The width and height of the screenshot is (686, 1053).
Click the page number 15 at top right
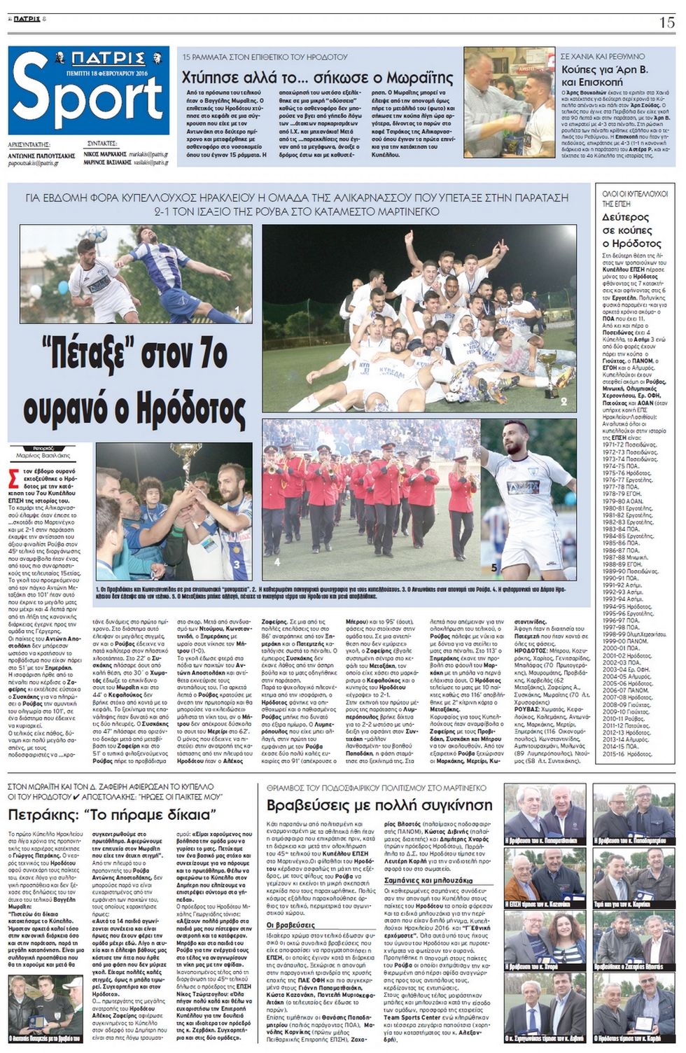click(666, 22)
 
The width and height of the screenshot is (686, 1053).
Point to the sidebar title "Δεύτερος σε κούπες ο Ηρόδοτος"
click(632, 230)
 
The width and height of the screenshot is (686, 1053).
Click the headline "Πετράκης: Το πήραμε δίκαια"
click(112, 814)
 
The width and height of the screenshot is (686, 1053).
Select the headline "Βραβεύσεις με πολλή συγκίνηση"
click(380, 804)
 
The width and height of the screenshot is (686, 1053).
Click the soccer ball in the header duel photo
click(97, 235)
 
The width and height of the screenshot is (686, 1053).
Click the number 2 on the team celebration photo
click(563, 401)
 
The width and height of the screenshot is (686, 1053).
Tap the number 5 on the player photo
click(494, 567)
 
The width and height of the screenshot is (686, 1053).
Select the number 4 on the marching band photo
click(277, 562)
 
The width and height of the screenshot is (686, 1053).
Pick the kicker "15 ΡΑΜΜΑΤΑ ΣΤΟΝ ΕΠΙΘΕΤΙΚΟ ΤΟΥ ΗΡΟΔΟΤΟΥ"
click(265, 56)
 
